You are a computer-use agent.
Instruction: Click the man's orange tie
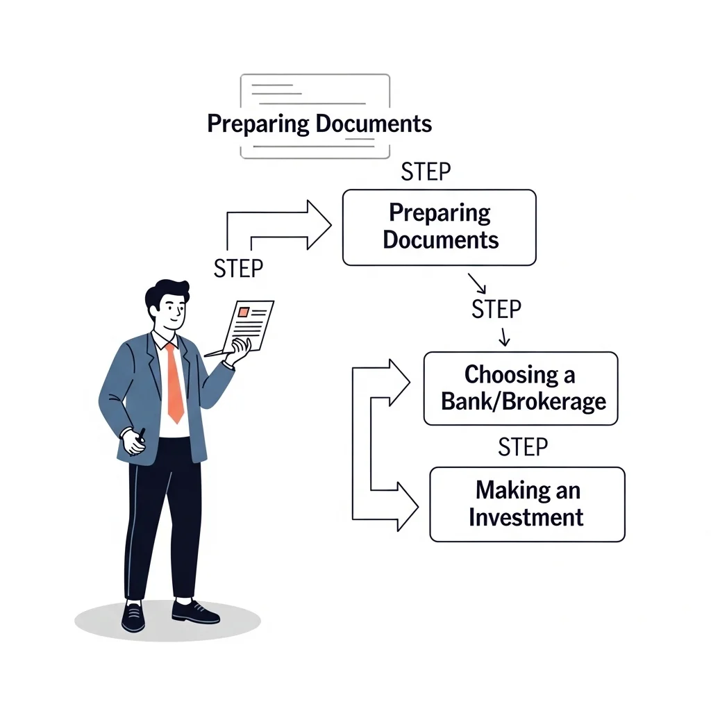[175, 383]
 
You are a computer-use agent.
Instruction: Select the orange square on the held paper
[244, 312]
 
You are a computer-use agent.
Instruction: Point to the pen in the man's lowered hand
[141, 436]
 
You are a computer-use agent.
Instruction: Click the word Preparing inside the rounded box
[440, 212]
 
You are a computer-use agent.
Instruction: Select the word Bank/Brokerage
[524, 402]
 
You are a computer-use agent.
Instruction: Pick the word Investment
[526, 517]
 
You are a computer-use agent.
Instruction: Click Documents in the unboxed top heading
[373, 124]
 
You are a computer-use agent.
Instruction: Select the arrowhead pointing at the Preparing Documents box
[319, 225]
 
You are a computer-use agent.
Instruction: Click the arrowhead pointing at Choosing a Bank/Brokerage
[399, 383]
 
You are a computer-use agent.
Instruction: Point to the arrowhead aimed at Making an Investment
[408, 506]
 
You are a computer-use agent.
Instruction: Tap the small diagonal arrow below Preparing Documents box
[477, 283]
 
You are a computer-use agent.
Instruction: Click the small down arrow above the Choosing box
[504, 337]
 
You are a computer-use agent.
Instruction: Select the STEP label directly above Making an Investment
[523, 447]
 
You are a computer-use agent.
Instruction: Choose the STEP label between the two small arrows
[496, 309]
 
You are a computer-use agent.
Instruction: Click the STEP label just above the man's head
[238, 269]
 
